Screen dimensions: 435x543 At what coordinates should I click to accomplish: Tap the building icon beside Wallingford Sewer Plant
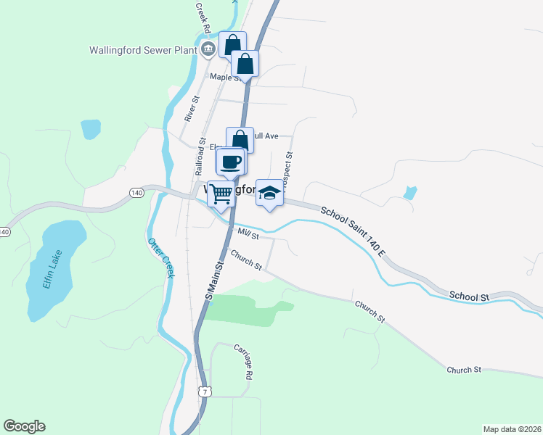coord(208,49)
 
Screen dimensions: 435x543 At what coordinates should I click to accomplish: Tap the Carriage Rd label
coord(244,362)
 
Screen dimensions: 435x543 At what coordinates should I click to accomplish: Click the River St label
coord(192,108)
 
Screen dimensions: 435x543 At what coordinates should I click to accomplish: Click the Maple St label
coord(224,77)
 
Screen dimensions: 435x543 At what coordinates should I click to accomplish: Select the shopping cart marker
coord(221,193)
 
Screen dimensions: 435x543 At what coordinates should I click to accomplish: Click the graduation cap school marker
coord(269,193)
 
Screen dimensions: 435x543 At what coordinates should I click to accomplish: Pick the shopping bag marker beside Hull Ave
coord(240,139)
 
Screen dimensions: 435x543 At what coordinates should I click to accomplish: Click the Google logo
coord(24,426)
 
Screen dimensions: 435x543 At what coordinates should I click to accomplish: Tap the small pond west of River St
coord(91,129)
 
